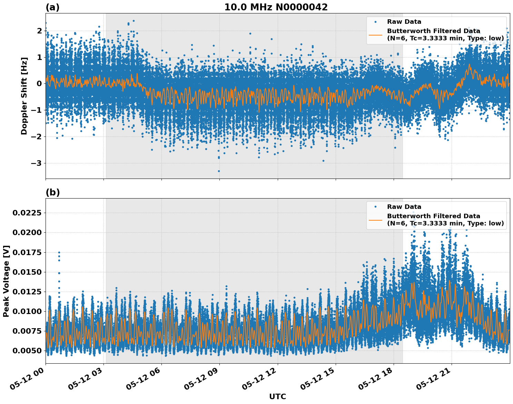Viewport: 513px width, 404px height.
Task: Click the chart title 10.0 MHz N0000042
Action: click(x=276, y=7)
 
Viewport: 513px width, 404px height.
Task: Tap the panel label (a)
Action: click(x=52, y=7)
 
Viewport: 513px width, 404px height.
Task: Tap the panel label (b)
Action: click(x=52, y=192)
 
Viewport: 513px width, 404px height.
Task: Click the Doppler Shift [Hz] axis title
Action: click(x=24, y=96)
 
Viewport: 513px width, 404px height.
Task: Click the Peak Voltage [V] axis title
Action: click(x=6, y=281)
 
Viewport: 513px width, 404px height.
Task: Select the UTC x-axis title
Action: click(x=277, y=396)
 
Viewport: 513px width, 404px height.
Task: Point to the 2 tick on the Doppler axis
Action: click(x=39, y=31)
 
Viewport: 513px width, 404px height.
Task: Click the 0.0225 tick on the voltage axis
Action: click(x=27, y=213)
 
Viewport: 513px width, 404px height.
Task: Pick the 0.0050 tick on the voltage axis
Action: click(x=27, y=351)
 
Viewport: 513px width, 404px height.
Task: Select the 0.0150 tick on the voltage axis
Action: click(x=27, y=272)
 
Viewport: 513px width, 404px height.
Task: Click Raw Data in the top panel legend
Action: click(x=404, y=22)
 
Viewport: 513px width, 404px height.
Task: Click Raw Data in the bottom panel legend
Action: click(x=404, y=207)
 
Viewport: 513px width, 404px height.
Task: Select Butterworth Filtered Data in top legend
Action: click(x=433, y=31)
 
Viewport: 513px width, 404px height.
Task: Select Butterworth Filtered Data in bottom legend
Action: click(x=433, y=216)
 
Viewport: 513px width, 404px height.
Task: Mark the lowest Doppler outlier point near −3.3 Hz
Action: click(x=219, y=171)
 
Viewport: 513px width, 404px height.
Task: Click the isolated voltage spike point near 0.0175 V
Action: click(x=59, y=252)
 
